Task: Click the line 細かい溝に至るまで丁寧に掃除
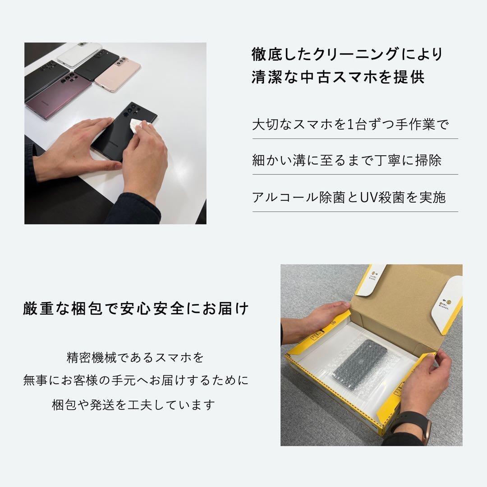pyautogui.click(x=347, y=161)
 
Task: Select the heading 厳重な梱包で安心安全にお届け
pyautogui.click(x=136, y=309)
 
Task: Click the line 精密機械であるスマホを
pyautogui.click(x=135, y=358)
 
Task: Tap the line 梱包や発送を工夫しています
pyautogui.click(x=133, y=404)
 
